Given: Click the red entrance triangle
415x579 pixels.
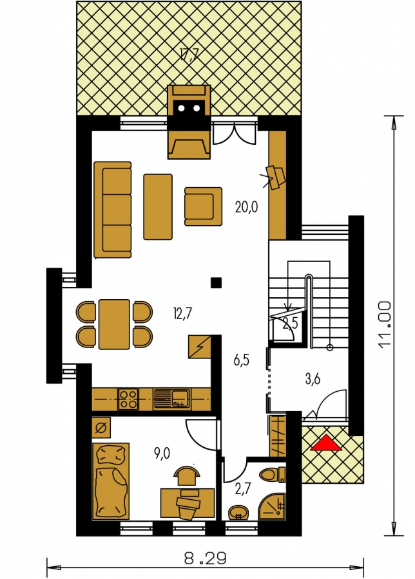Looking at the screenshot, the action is tap(326, 443).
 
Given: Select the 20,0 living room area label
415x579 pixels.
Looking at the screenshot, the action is tap(246, 207).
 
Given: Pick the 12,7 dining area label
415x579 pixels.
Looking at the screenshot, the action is tap(182, 314).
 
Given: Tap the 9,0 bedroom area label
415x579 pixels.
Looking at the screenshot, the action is tap(162, 452).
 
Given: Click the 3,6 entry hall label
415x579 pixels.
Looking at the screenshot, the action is tap(313, 379).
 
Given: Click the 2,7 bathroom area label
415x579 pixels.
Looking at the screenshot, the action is tap(244, 489).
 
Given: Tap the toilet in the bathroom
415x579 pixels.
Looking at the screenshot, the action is tap(273, 475).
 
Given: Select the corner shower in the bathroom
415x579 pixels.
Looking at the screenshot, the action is tap(272, 506).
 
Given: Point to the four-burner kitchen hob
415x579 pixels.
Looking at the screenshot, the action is tap(128, 399).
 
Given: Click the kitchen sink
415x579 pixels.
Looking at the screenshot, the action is tap(171, 399).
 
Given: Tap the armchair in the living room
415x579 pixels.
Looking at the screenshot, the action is tap(204, 206).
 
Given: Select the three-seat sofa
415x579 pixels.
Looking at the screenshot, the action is tap(113, 209).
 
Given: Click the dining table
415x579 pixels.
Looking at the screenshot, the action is tap(114, 324).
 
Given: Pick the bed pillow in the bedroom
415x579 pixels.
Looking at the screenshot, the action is tap(110, 455).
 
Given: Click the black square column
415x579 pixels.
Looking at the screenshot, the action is tap(216, 282).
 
